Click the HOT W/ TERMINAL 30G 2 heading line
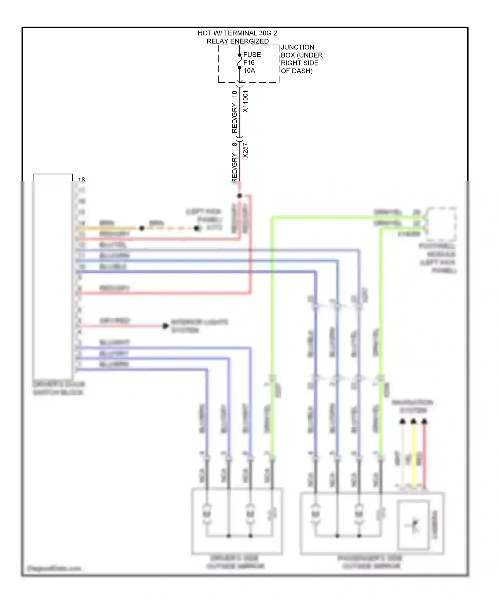[237, 33]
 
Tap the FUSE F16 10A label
[252, 62]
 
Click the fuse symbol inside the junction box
[239, 61]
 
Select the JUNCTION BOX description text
[301, 59]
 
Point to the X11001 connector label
[246, 101]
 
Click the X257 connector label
[246, 150]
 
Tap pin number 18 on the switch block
[82, 180]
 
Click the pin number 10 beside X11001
[235, 94]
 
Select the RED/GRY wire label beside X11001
[235, 118]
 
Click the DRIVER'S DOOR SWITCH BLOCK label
[59, 388]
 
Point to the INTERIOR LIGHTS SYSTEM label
[199, 326]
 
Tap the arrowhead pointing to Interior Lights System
[165, 326]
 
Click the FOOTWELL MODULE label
[437, 258]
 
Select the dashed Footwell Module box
[441, 223]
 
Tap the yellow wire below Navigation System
[414, 455]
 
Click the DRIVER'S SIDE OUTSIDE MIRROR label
[235, 562]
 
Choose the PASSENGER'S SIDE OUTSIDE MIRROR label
[371, 562]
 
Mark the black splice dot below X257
[240, 195]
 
